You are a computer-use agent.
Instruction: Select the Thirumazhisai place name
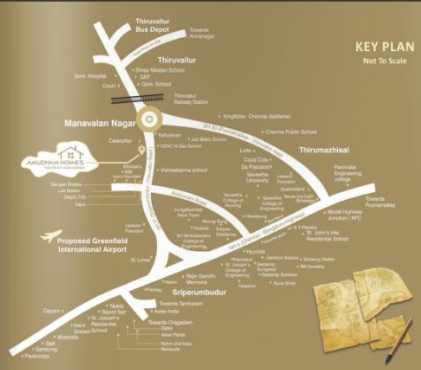(327, 150)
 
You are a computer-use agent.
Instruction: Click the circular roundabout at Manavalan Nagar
(151, 120)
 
